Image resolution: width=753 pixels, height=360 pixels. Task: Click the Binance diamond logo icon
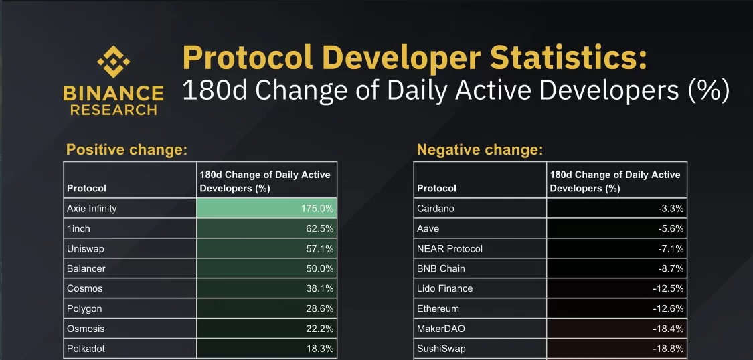coord(113,64)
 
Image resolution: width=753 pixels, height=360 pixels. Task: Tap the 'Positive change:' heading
coord(126,149)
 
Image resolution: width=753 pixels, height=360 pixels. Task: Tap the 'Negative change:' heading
coord(479,149)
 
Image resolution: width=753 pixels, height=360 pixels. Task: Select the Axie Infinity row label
coord(92,209)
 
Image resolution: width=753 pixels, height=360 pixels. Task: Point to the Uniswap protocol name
coord(86,249)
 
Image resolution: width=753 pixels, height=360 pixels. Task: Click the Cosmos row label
coord(84,289)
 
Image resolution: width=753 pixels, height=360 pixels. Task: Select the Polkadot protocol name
coord(86,349)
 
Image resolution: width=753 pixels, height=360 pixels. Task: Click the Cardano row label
coord(436,209)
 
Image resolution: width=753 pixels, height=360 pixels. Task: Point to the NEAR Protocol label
coord(450,249)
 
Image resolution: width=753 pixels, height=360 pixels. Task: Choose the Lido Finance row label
coord(445,289)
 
